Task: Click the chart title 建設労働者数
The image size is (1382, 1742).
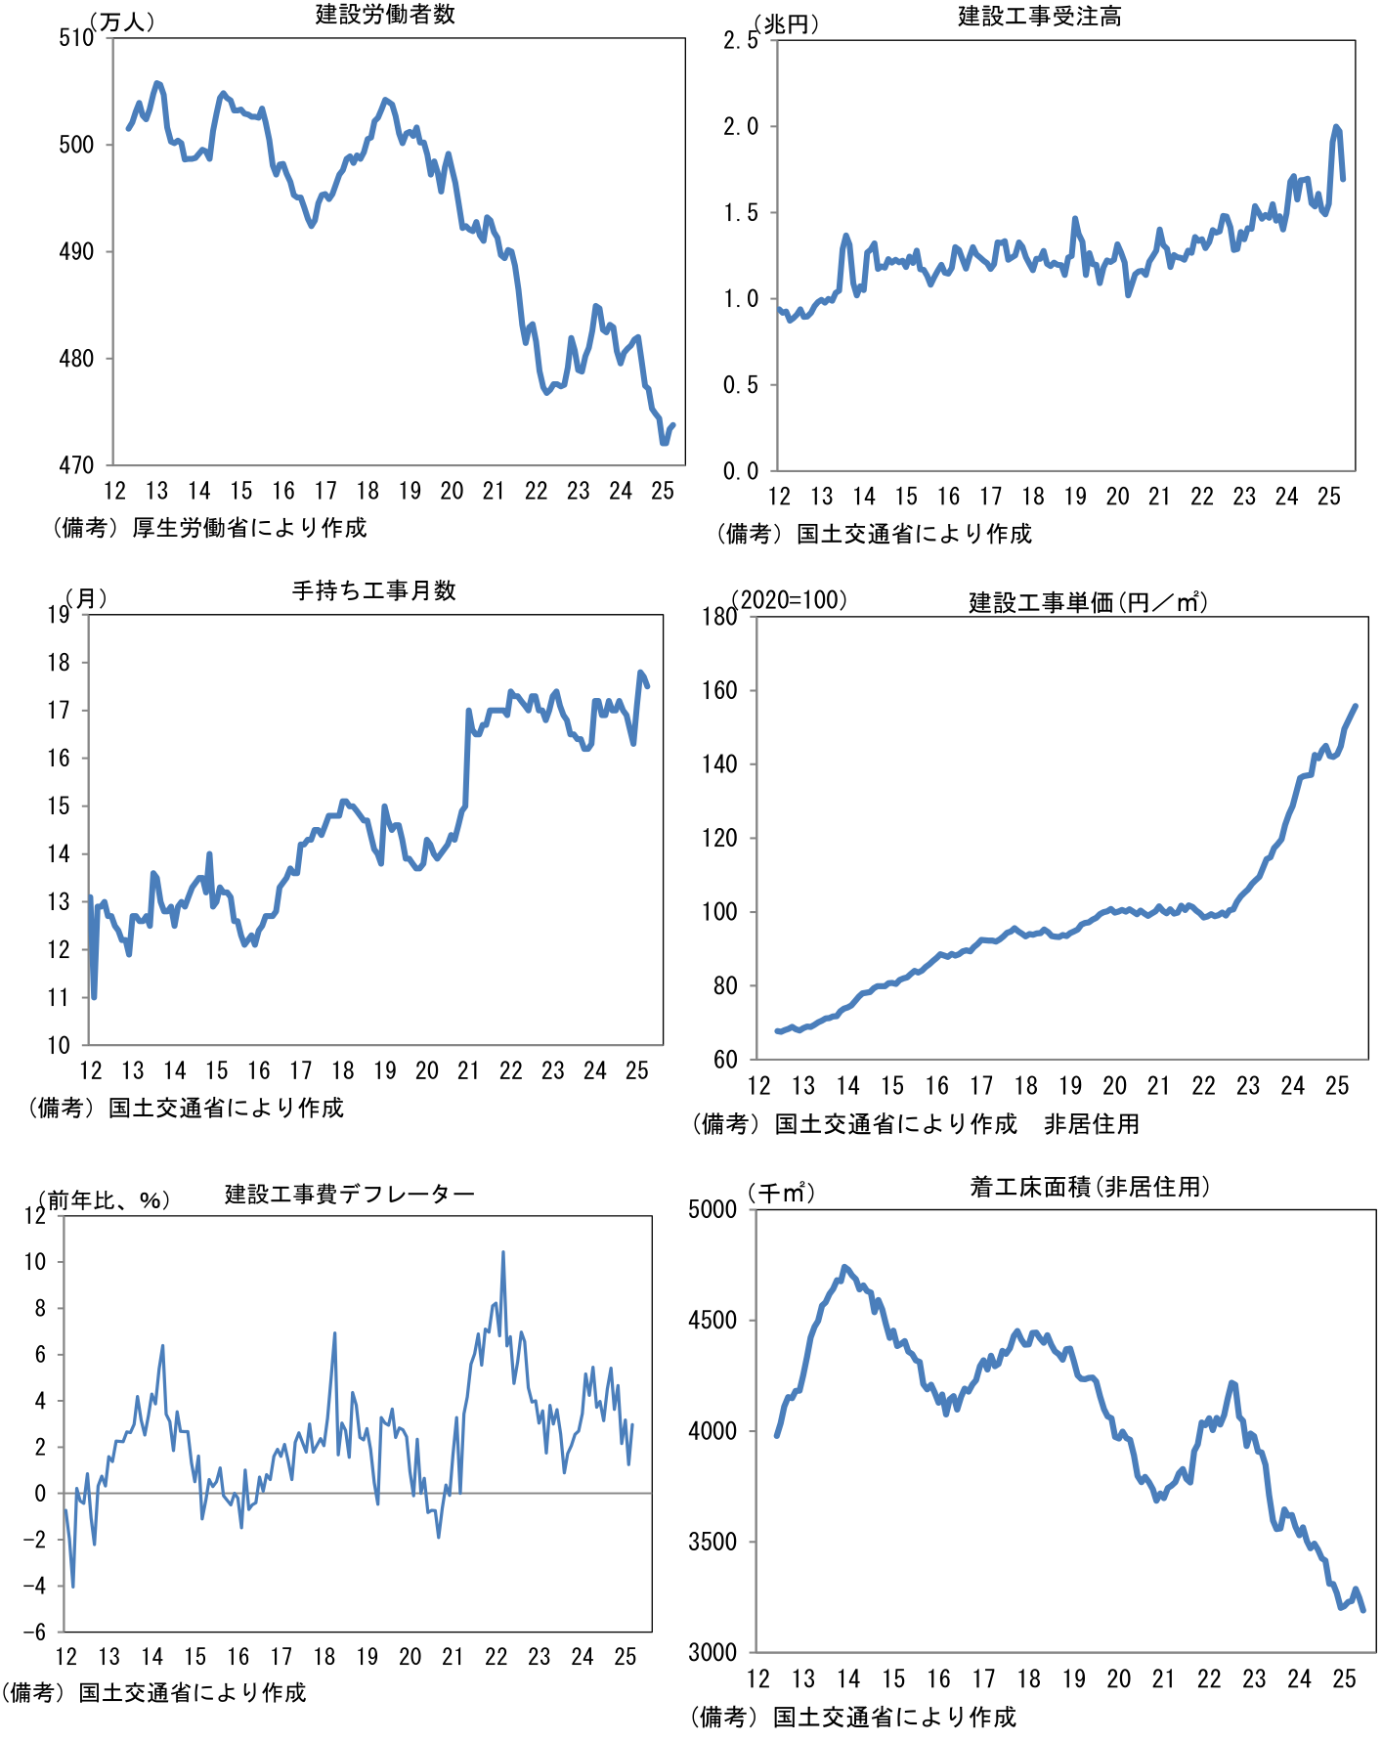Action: [x=385, y=15]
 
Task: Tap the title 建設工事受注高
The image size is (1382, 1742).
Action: [x=1039, y=17]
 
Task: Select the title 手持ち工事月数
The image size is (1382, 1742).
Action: [x=374, y=590]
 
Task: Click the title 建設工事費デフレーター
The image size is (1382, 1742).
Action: [x=350, y=1194]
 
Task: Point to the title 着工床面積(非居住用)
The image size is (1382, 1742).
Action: [x=1090, y=1187]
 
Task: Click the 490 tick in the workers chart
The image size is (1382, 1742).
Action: [x=76, y=252]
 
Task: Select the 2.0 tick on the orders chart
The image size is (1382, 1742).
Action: [x=740, y=127]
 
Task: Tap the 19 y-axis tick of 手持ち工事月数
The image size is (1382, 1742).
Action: [x=59, y=615]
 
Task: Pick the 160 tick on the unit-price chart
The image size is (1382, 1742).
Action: [x=719, y=691]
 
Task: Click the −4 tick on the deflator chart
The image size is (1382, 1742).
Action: [x=34, y=1587]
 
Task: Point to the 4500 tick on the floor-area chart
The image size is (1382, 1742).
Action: [x=713, y=1321]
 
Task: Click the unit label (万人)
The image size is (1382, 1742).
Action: [x=122, y=22]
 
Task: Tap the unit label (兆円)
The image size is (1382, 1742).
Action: [x=786, y=24]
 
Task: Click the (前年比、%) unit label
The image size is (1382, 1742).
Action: [x=104, y=1199]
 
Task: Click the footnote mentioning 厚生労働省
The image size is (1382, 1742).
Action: [x=209, y=528]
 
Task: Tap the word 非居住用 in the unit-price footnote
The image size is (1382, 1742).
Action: [x=1092, y=1124]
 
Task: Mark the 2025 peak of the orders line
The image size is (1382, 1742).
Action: [x=1336, y=126]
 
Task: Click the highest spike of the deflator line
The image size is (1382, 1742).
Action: [x=503, y=1252]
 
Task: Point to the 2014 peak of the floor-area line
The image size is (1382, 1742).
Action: [x=845, y=1267]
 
